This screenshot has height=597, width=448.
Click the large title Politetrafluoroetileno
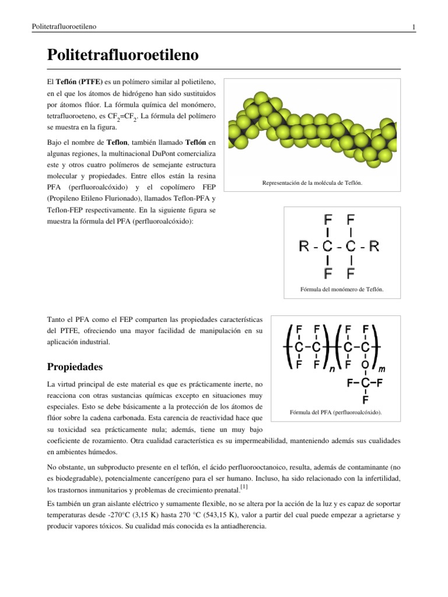(x=123, y=56)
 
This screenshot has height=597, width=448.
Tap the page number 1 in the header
(x=413, y=27)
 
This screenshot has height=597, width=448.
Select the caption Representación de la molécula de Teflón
(x=312, y=183)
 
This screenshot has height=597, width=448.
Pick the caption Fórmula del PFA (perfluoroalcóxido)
(x=336, y=412)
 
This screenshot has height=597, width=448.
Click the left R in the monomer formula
(x=304, y=247)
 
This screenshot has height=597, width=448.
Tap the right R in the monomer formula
(x=374, y=247)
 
